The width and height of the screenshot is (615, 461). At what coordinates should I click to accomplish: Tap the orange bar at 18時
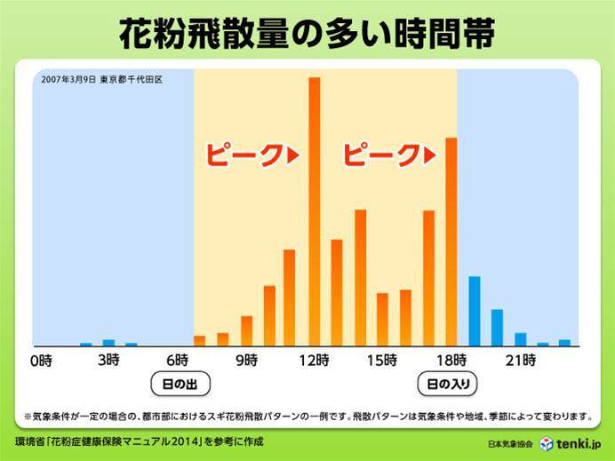pyautogui.click(x=451, y=241)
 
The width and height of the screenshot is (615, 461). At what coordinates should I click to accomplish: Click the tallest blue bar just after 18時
pyautogui.click(x=475, y=311)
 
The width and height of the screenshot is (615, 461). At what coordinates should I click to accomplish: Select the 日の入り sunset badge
pyautogui.click(x=448, y=385)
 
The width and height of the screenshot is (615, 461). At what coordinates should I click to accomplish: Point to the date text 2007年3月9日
pyautogui.click(x=68, y=78)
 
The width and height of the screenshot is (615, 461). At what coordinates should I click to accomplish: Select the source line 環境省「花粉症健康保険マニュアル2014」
pyautogui.click(x=139, y=441)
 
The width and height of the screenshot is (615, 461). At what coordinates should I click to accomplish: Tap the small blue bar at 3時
pyautogui.click(x=108, y=342)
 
